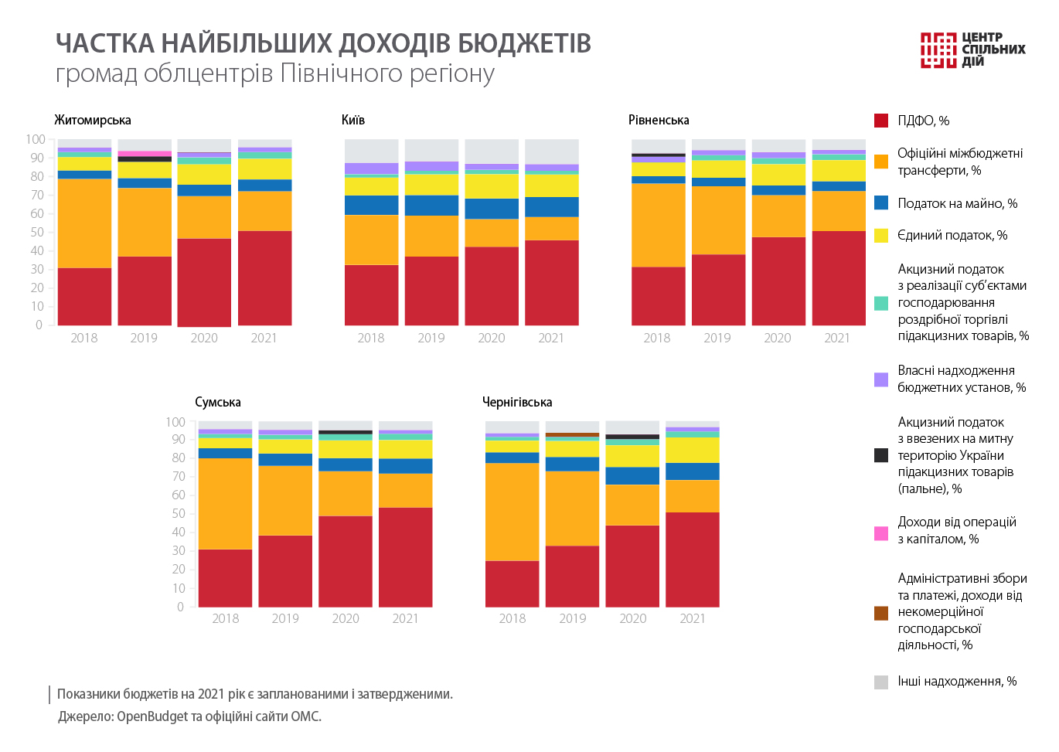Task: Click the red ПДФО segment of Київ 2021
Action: coord(551,282)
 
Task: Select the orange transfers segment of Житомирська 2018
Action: coord(84,223)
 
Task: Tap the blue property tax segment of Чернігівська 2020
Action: coord(632,475)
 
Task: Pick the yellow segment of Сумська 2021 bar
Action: coord(405,449)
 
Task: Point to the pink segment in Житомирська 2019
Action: coord(145,153)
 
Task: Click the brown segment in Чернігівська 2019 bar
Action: coord(572,435)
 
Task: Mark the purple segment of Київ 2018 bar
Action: coord(371,168)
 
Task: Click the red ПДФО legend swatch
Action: coord(881,121)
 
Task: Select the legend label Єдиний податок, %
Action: coord(952,235)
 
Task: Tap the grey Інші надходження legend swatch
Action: coord(881,682)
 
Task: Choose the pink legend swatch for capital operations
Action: coord(881,533)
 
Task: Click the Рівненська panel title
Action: coord(659,120)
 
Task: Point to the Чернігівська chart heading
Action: coord(517,402)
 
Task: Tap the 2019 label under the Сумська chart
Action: coord(285,618)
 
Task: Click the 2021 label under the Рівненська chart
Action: coord(837,338)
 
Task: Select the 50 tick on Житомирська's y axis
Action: coord(36,232)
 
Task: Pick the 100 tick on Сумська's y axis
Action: coord(175,422)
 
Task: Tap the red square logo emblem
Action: coord(938,50)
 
